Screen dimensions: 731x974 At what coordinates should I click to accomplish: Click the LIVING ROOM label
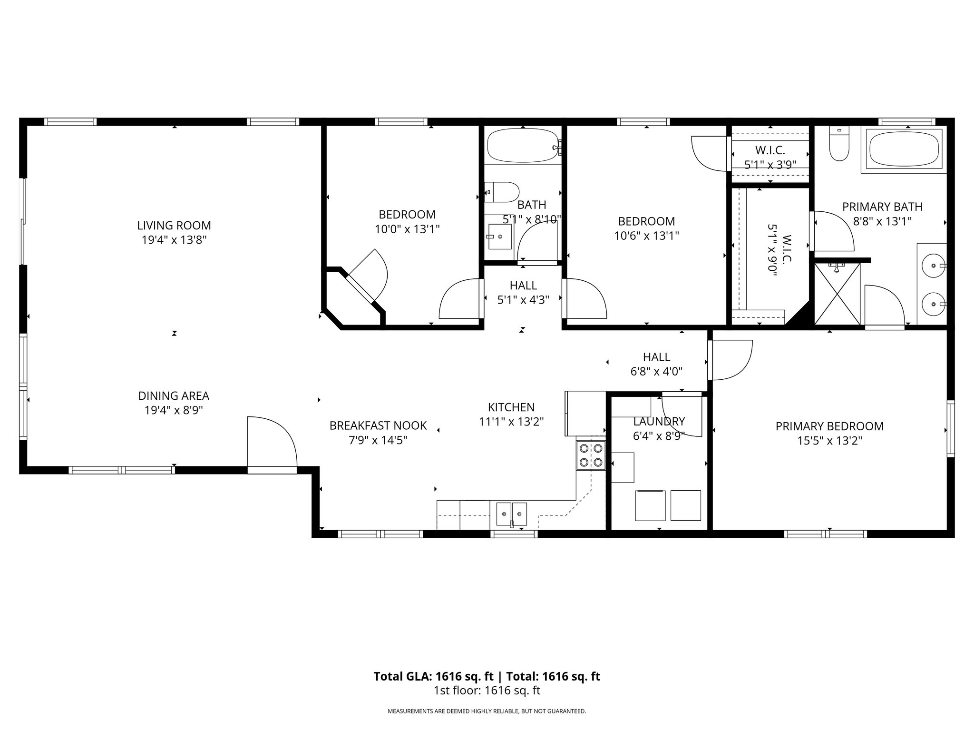tap(174, 226)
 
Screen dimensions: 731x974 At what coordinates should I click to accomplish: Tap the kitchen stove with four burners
tap(591, 455)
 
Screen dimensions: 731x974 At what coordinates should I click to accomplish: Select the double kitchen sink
tap(511, 514)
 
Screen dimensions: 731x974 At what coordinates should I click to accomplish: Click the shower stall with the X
tap(838, 294)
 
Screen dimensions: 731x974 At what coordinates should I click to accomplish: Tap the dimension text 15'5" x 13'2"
tap(829, 441)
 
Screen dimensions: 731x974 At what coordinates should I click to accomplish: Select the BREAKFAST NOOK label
tap(378, 425)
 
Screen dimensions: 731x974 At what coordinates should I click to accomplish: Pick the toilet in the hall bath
tap(502, 192)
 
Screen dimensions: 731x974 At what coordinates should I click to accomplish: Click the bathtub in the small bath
tap(522, 146)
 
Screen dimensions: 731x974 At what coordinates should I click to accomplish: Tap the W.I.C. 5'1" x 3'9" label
tap(770, 158)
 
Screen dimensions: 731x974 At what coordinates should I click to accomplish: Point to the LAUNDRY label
tap(659, 421)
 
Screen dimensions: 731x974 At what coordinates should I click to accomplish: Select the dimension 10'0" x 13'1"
tap(407, 229)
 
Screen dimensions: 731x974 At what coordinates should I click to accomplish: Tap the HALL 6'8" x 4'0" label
tap(656, 364)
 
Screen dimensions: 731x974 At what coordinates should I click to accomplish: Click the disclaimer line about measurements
tap(487, 711)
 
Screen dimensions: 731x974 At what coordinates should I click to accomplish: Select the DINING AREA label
tap(174, 395)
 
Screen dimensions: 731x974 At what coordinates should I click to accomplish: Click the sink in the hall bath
tap(499, 237)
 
